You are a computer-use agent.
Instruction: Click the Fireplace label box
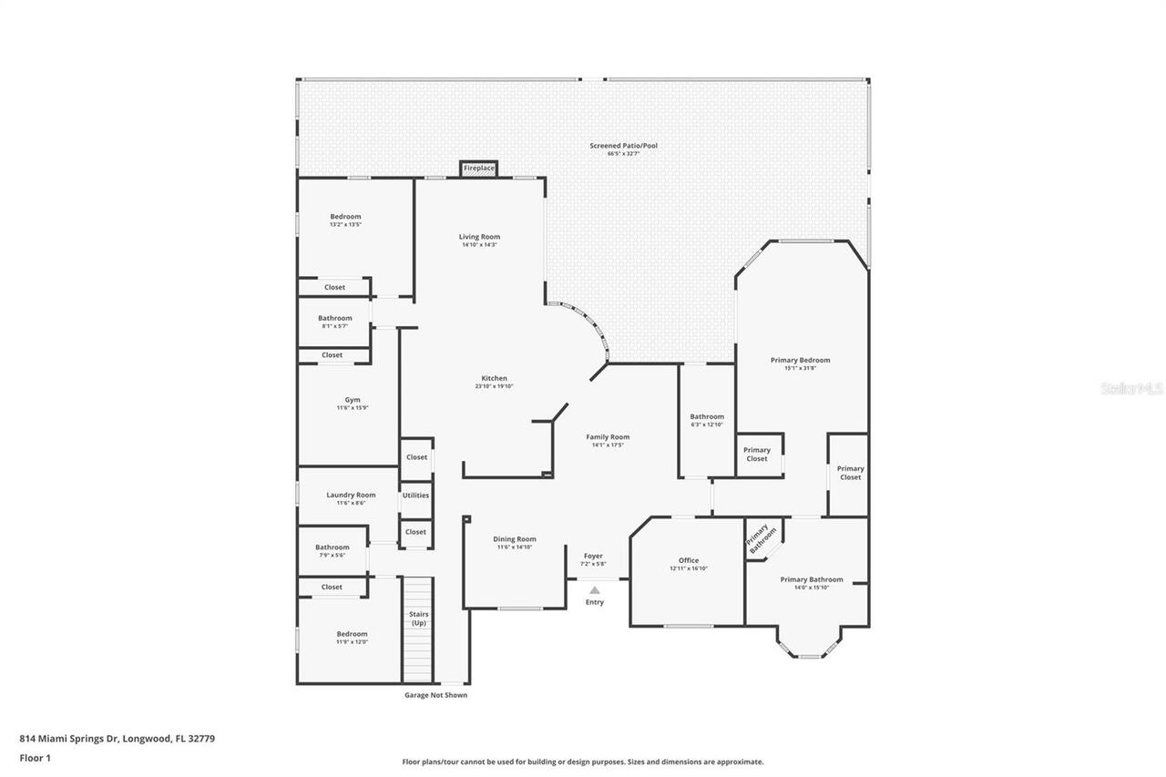(x=479, y=169)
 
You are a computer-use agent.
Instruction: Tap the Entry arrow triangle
(x=595, y=590)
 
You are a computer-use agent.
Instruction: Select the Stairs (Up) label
(x=418, y=619)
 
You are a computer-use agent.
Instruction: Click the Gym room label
(x=353, y=400)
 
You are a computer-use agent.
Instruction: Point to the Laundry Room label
(x=351, y=495)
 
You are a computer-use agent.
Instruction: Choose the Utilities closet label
(x=415, y=496)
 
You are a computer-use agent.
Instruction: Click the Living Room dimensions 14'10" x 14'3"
(x=480, y=244)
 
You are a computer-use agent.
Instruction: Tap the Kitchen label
(x=495, y=378)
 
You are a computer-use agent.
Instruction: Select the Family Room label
(x=608, y=437)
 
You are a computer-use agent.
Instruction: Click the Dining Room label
(x=515, y=539)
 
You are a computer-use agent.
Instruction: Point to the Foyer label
(x=593, y=556)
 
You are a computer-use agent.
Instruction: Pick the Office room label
(x=689, y=560)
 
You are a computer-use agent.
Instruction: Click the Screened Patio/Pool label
(x=623, y=146)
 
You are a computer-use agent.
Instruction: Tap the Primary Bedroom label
(x=800, y=360)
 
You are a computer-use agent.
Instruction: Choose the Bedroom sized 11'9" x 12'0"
(x=352, y=638)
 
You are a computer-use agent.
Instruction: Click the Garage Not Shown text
(x=436, y=695)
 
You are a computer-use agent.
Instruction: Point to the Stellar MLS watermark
(x=1131, y=388)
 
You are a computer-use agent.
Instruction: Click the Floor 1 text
(x=35, y=757)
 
